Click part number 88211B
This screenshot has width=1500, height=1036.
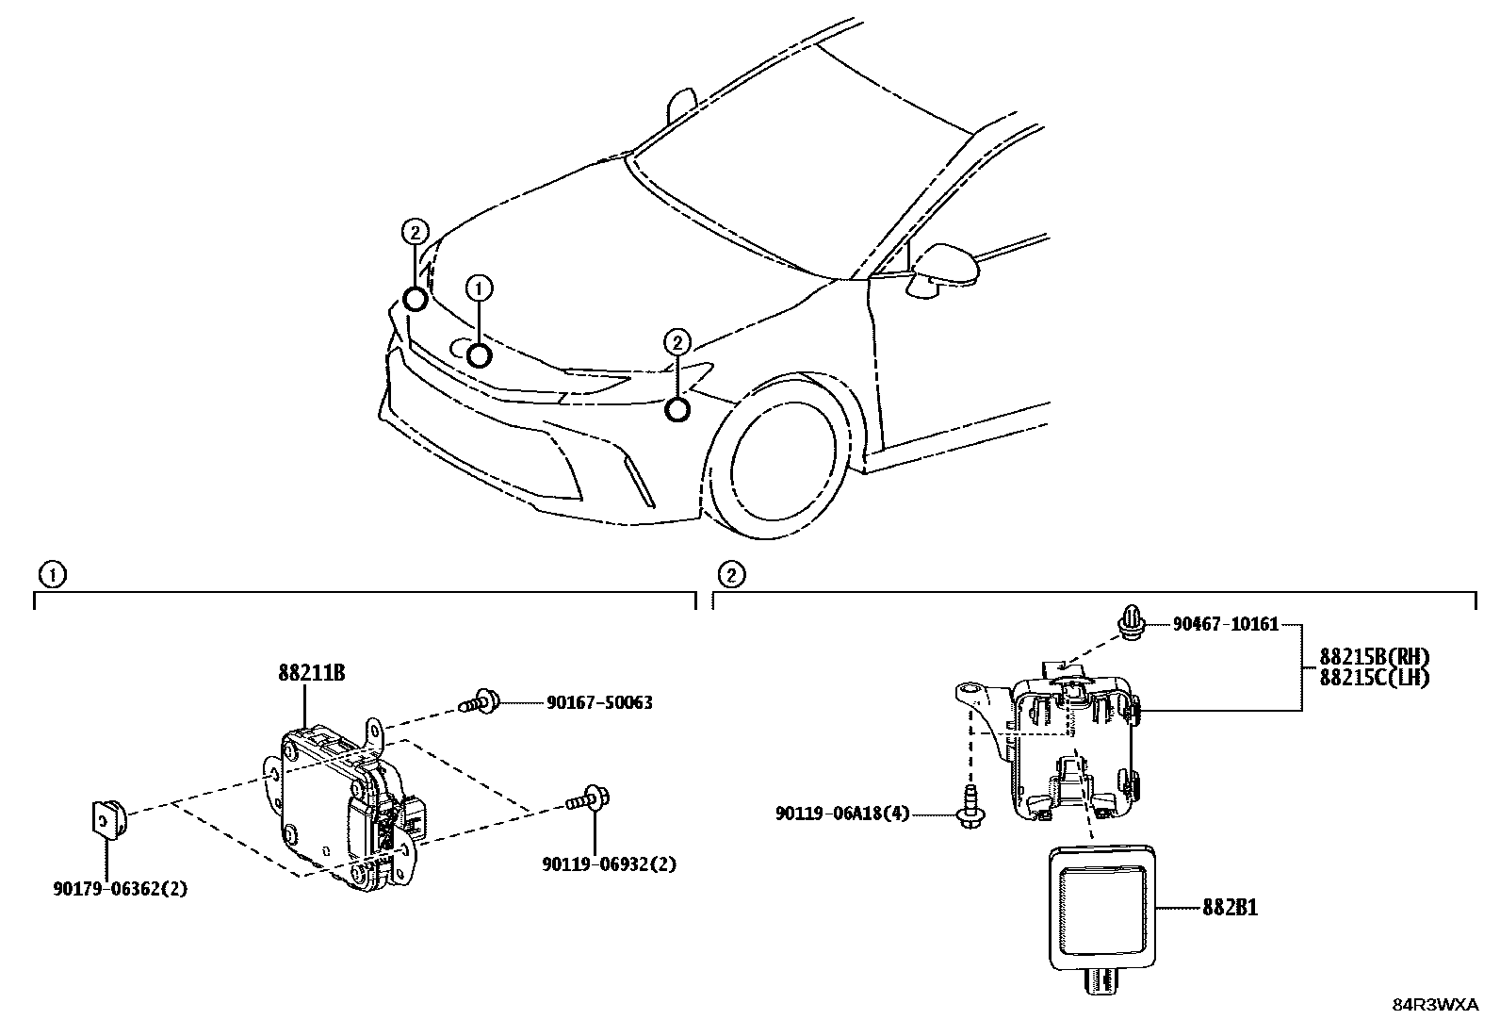(310, 674)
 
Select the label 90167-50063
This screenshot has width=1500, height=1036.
(599, 702)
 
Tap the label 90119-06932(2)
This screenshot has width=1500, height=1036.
(609, 863)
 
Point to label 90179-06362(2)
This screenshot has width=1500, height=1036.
(120, 887)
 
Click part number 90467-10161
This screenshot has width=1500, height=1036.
(1226, 624)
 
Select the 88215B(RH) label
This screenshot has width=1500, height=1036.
(1374, 657)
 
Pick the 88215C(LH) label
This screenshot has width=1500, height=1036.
(1374, 677)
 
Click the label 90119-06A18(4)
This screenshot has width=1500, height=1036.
(842, 813)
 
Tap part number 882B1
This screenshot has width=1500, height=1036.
(1230, 908)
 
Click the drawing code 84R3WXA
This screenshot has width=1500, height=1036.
(1437, 1005)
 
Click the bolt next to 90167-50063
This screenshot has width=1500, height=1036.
(481, 701)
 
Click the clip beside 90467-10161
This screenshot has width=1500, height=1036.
(1131, 623)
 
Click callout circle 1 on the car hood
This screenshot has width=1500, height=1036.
(479, 288)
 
